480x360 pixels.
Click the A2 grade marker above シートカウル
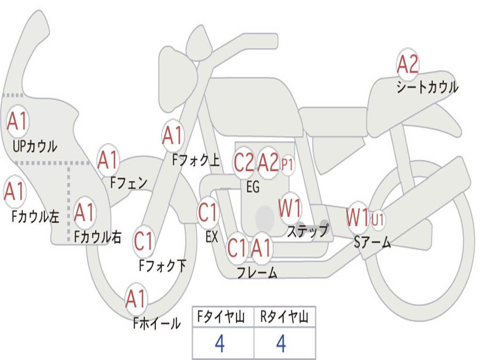tap(407, 64)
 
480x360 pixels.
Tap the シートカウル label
tap(427, 87)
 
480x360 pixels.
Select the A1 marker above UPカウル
tap(17, 121)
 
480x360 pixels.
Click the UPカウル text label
tap(35, 146)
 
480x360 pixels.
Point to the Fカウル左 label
tap(35, 217)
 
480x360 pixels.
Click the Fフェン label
tap(128, 183)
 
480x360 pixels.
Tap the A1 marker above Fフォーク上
tap(172, 135)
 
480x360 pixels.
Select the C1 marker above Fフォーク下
tap(143, 241)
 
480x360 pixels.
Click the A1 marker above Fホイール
tap(135, 299)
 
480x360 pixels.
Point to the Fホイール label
tap(157, 323)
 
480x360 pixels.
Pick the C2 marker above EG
tap(244, 162)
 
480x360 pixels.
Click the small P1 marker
tap(287, 165)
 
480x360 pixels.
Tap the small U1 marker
tap(378, 219)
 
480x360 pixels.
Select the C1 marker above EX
tap(208, 212)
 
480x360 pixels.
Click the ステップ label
tap(307, 231)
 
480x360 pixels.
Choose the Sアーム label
tap(373, 242)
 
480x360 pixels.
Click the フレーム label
tap(257, 272)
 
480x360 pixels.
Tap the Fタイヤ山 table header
tap(221, 316)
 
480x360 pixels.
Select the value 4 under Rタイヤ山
tap(281, 344)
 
